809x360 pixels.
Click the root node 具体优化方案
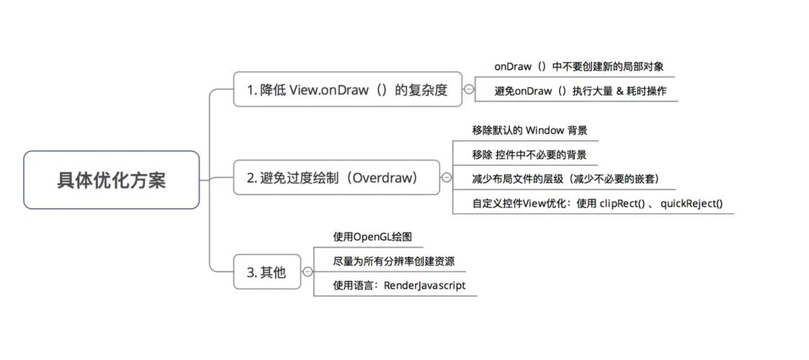pos(111,180)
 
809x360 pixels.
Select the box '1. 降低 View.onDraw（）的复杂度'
pos(347,90)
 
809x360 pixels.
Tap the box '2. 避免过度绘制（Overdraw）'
pos(336,177)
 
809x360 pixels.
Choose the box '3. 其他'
pos(267,272)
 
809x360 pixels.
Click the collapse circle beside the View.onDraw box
pos(469,90)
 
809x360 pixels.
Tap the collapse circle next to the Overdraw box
pos(446,177)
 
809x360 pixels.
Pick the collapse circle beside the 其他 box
pos(308,272)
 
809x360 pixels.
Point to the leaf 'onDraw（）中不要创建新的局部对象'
pos(578,66)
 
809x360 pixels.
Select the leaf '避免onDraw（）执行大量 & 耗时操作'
pos(580,91)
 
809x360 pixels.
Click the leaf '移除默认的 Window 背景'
pos(529,130)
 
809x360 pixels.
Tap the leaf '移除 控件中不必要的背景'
pos(529,155)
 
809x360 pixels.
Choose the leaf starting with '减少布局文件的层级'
pos(566,179)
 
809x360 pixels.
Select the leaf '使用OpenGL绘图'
pos(372,237)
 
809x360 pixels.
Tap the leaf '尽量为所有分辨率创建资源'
pos(393,261)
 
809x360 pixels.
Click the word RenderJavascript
pos(424,286)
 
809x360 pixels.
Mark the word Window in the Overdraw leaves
pos(544,130)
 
